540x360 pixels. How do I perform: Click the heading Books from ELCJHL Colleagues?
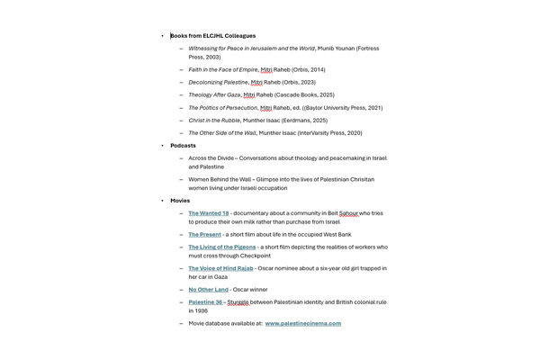[212, 36]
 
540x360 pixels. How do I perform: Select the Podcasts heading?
[183, 146]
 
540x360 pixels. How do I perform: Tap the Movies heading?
[180, 201]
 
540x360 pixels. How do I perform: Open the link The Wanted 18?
[209, 213]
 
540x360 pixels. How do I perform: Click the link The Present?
[204, 234]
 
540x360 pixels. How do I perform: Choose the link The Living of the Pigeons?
[222, 247]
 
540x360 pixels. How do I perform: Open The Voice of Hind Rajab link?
[220, 268]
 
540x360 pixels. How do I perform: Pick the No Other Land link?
[208, 290]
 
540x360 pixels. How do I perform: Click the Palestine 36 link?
[205, 302]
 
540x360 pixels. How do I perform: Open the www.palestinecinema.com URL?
[302, 323]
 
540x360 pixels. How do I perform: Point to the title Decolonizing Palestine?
[218, 82]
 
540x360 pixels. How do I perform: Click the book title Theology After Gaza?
[214, 94]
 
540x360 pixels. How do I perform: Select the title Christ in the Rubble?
[213, 120]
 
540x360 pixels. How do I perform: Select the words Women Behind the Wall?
[219, 179]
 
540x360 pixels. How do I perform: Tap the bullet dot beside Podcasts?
[163, 146]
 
